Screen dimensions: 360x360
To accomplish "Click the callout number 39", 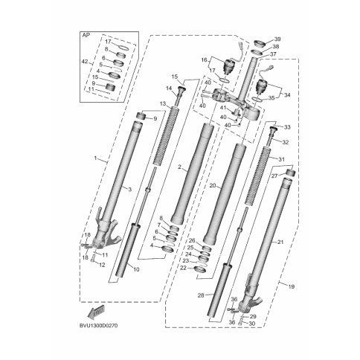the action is pos(277,39).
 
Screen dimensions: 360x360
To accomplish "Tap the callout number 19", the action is pos(292,287).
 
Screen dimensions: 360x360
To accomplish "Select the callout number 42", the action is pos(85,62).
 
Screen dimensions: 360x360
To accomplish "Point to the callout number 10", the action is pos(137,269).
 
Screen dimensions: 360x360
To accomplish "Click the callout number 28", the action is pos(201,295).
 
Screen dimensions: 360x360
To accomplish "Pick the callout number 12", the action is pos(102,265).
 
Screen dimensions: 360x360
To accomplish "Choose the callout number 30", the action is pos(252,324).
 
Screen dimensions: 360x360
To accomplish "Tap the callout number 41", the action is pos(223,108).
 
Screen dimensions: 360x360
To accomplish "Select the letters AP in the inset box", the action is pos(86,35).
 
